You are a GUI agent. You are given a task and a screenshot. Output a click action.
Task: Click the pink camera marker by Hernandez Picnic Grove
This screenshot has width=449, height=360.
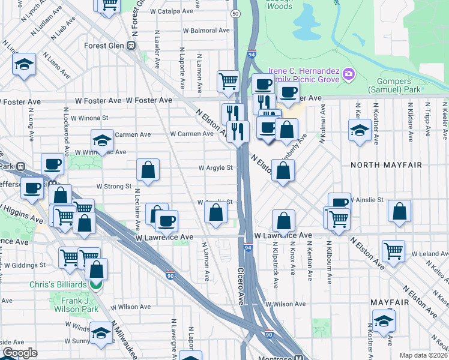pyautogui.click(x=349, y=75)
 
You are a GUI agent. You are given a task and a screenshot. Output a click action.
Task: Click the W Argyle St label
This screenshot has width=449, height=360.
pyautogui.click(x=216, y=168)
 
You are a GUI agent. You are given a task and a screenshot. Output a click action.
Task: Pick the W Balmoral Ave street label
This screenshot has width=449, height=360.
pyautogui.click(x=206, y=31)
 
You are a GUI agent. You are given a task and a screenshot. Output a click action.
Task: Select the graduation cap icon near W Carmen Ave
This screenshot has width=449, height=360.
pyautogui.click(x=103, y=140)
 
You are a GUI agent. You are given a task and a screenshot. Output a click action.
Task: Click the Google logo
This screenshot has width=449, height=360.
pyautogui.click(x=19, y=353)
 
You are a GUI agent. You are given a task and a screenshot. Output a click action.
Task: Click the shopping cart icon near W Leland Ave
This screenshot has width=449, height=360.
pyautogui.click(x=393, y=250)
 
